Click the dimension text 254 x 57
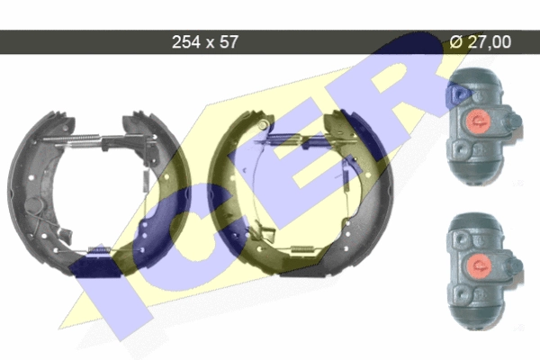pyautogui.click(x=204, y=42)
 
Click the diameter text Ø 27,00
pyautogui.click(x=481, y=42)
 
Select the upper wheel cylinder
pyautogui.click(x=482, y=126)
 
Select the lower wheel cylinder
pyautogui.click(x=484, y=270)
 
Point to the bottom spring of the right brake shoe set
pyautogui.click(x=303, y=249)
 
